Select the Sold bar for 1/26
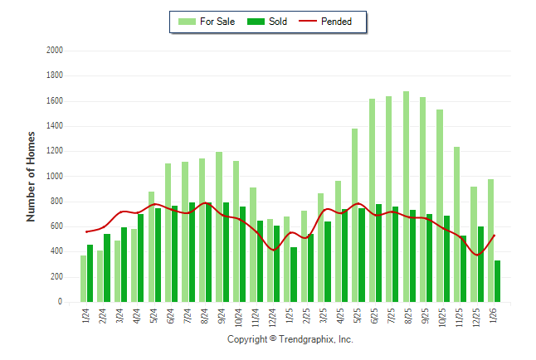coord(497,281)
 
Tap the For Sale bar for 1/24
coord(83,279)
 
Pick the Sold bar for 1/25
coord(294,275)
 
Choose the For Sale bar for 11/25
coord(456,224)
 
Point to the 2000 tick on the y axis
coord(55,51)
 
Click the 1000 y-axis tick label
coord(55,177)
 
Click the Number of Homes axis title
coord(32,176)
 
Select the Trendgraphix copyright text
coord(290,339)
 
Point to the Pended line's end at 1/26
coord(495,236)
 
